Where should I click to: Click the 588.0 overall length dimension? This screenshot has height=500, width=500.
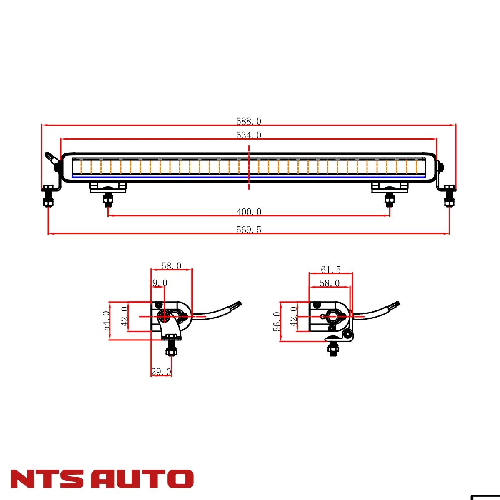pyautogui.click(x=249, y=121)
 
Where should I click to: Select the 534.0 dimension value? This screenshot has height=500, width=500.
pyautogui.click(x=249, y=135)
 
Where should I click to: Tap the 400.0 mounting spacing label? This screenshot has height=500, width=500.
pyautogui.click(x=249, y=212)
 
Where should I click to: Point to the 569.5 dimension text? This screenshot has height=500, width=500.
pyautogui.click(x=249, y=230)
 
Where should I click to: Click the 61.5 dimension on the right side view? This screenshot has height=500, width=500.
pyautogui.click(x=331, y=270)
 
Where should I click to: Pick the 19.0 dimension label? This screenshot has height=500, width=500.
pyautogui.click(x=157, y=283)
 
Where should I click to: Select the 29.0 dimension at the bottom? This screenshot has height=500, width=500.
pyautogui.click(x=161, y=372)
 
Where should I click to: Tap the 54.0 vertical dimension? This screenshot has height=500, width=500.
pyautogui.click(x=106, y=321)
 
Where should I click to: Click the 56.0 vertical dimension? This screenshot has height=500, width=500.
pyautogui.click(x=277, y=321)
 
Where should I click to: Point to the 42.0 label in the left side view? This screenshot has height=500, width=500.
pyautogui.click(x=125, y=316)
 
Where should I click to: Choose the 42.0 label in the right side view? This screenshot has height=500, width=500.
pyautogui.click(x=294, y=316)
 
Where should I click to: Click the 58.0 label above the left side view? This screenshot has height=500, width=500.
pyautogui.click(x=171, y=266)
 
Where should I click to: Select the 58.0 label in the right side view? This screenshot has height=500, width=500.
pyautogui.click(x=330, y=283)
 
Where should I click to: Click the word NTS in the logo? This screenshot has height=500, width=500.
pyautogui.click(x=47, y=479)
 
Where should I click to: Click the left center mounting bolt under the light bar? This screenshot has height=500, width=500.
pyautogui.click(x=108, y=200)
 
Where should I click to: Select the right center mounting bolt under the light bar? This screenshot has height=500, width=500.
pyautogui.click(x=390, y=200)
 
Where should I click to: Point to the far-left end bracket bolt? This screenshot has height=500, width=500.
pyautogui.click(x=48, y=201)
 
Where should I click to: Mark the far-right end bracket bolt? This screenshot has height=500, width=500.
pyautogui.click(x=450, y=201)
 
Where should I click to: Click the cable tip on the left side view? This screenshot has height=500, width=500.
pyautogui.click(x=239, y=304)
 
